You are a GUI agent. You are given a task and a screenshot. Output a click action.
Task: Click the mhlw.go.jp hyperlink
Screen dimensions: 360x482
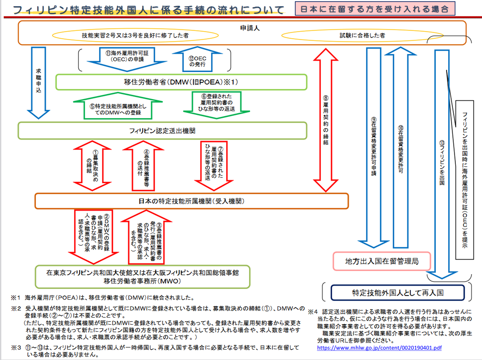(379, 348)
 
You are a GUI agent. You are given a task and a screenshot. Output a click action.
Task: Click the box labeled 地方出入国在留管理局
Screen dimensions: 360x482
(381, 261)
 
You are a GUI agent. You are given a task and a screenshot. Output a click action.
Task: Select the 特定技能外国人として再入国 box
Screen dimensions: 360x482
(398, 293)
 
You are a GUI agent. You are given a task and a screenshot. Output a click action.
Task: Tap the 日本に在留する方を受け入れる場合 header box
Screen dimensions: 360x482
(375, 9)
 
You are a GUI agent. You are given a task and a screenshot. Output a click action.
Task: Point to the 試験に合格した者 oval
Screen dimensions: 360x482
(362, 35)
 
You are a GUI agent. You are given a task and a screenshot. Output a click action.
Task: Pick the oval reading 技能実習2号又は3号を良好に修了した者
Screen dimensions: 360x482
(135, 35)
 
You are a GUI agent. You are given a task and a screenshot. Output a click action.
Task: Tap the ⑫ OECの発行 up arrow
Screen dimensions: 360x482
(197, 60)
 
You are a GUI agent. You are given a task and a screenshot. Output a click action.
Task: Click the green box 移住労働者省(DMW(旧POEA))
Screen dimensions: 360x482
(181, 82)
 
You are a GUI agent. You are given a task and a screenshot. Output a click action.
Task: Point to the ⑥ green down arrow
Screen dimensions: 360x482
(216, 105)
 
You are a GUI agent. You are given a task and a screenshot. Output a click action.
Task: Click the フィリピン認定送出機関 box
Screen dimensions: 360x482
(162, 131)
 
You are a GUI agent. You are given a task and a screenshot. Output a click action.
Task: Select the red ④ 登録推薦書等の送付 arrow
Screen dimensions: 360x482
(143, 166)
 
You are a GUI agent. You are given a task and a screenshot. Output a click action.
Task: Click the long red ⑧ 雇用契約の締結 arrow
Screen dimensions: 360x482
(325, 120)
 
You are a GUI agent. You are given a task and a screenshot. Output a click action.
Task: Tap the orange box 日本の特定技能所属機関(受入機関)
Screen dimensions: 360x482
(191, 201)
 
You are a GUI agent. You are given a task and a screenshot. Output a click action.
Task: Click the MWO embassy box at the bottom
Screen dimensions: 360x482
(142, 277)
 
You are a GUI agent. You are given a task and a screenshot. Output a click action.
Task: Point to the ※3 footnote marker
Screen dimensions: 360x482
(16, 348)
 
